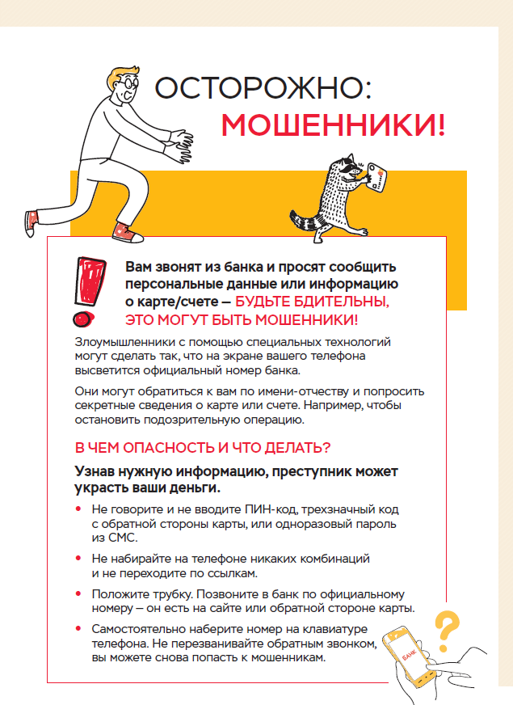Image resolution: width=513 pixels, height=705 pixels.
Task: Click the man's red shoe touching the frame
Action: (124, 233)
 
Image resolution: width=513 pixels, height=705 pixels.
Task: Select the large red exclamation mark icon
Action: (88, 280)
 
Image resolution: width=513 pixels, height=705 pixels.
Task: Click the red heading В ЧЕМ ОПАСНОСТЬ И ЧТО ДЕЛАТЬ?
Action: (202, 447)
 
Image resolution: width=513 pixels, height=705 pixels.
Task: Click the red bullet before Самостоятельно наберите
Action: (78, 629)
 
